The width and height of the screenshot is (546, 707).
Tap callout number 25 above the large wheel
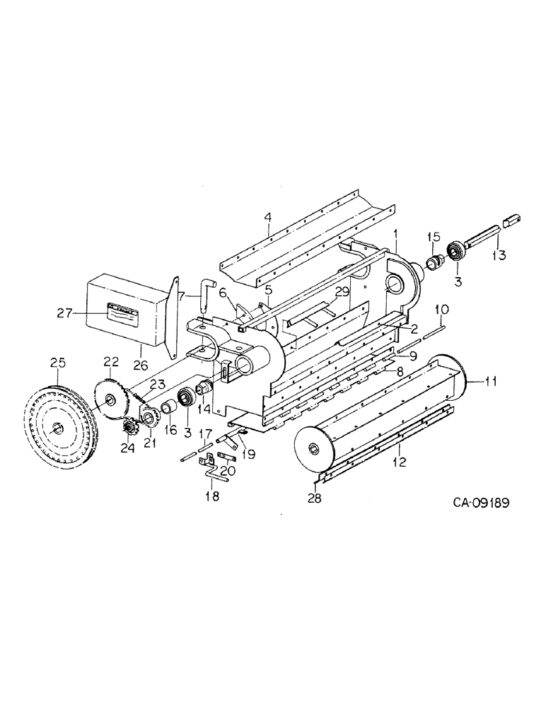coord(57,363)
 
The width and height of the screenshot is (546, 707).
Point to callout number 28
coord(314,498)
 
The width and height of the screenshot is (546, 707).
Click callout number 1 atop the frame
coord(396,233)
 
